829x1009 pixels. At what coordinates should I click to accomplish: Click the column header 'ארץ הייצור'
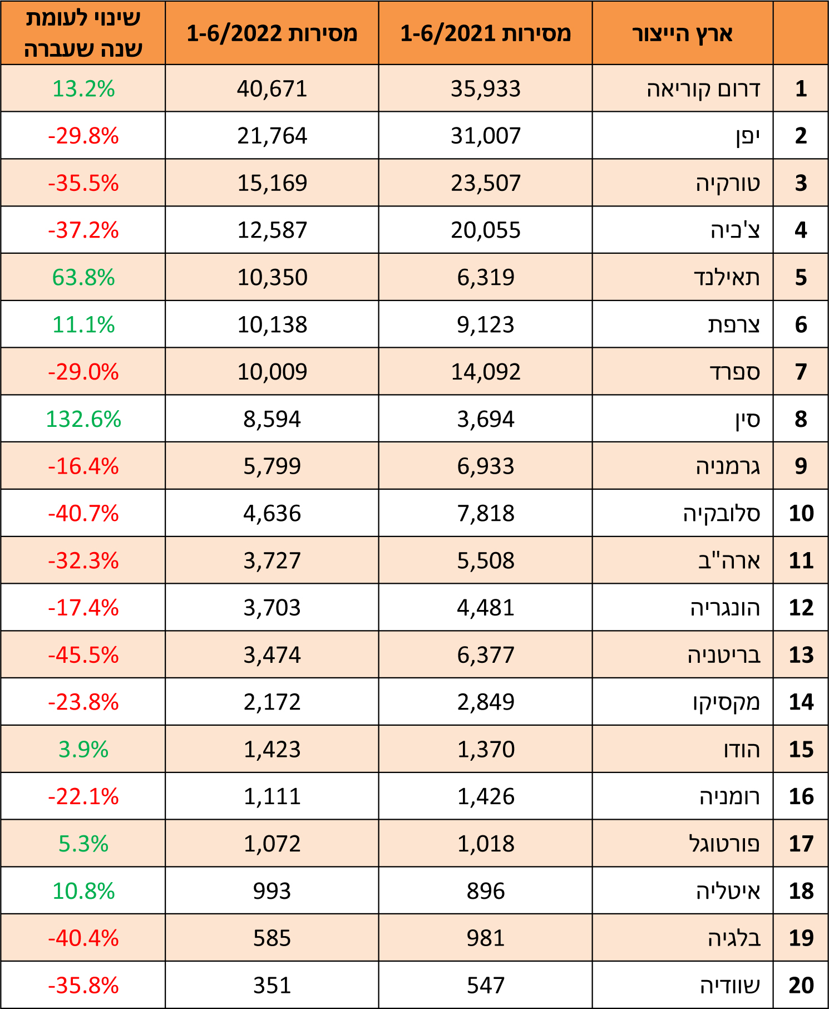tap(682, 33)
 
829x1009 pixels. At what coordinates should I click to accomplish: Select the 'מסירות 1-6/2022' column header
tap(272, 33)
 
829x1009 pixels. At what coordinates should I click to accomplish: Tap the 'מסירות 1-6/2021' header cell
tap(485, 33)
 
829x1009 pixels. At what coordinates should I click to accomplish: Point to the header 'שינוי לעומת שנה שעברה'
tap(83, 33)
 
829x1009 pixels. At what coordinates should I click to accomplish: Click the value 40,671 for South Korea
tap(272, 88)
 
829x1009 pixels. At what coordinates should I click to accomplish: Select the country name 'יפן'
tap(748, 136)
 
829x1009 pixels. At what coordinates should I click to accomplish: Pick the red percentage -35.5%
tap(83, 183)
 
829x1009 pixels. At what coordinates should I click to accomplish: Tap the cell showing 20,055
tap(485, 230)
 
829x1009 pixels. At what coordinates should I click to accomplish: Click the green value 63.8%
tap(83, 277)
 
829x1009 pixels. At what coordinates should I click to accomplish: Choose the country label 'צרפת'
tap(734, 324)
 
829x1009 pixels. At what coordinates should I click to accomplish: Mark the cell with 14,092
tap(485, 372)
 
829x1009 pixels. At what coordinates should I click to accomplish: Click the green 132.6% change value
tap(83, 419)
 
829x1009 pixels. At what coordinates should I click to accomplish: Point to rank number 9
tap(801, 466)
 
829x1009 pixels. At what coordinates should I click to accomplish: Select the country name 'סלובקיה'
tap(722, 513)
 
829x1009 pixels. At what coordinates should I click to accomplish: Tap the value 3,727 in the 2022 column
tap(272, 560)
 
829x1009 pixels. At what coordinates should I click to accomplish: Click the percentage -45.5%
tap(83, 655)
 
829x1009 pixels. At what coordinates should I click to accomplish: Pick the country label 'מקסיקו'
tap(726, 702)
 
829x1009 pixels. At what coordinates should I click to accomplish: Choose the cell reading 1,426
tap(485, 796)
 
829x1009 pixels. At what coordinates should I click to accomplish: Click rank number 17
tap(801, 844)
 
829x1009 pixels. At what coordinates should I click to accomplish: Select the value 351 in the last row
tap(272, 986)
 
